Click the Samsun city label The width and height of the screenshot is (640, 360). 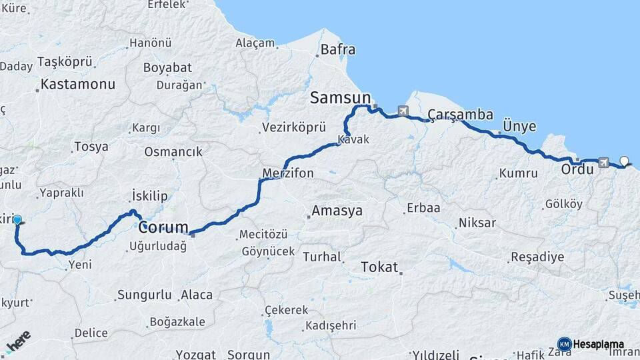pos(340,98)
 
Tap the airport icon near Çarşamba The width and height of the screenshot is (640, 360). pos(403,111)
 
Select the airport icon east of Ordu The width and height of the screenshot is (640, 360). pos(604,161)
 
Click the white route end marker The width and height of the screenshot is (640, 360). pos(624,160)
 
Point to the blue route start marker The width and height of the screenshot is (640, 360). pos(17,220)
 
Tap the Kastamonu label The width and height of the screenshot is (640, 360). pos(77,85)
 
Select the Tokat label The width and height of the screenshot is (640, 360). pos(379,267)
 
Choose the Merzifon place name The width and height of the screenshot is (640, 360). pos(288,173)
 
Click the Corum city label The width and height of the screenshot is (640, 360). pos(163,227)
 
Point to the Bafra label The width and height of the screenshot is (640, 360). pos(338,49)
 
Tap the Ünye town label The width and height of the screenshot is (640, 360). pos(519,126)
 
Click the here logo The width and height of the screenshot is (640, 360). pos(18,342)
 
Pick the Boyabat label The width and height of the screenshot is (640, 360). pos(167,67)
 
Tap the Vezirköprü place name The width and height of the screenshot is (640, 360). pos(294,127)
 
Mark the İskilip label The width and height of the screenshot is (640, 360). pos(150,196)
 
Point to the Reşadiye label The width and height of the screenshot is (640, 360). pos(537,257)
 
